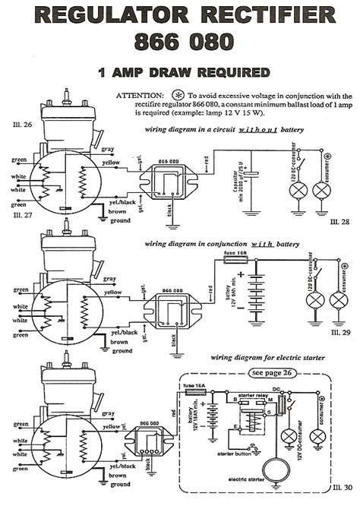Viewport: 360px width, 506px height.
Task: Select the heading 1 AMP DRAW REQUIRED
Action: [x=184, y=73]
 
